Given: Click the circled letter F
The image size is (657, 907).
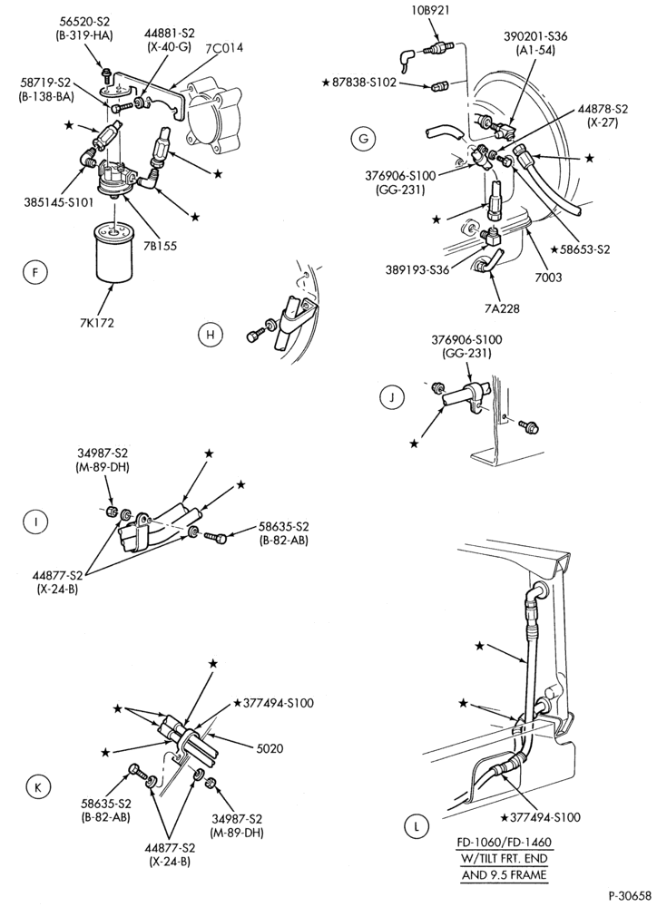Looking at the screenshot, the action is [36, 272].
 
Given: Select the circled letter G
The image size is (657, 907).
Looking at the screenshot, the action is [363, 138].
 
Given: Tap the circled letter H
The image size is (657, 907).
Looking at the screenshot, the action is [211, 335].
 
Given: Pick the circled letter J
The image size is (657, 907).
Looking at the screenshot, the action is [392, 397].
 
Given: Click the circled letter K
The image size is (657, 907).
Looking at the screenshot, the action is [38, 786].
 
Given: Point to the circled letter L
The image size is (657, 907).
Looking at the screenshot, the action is [417, 826].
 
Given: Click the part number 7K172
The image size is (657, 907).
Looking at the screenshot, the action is [97, 322].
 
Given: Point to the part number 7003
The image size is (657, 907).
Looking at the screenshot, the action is [547, 278].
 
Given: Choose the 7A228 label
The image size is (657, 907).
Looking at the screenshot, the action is [501, 308].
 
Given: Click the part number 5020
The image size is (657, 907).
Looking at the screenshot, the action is [270, 748].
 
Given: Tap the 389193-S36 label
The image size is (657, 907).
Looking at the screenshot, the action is [418, 269].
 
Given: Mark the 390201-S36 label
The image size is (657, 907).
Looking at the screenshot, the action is [534, 36].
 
